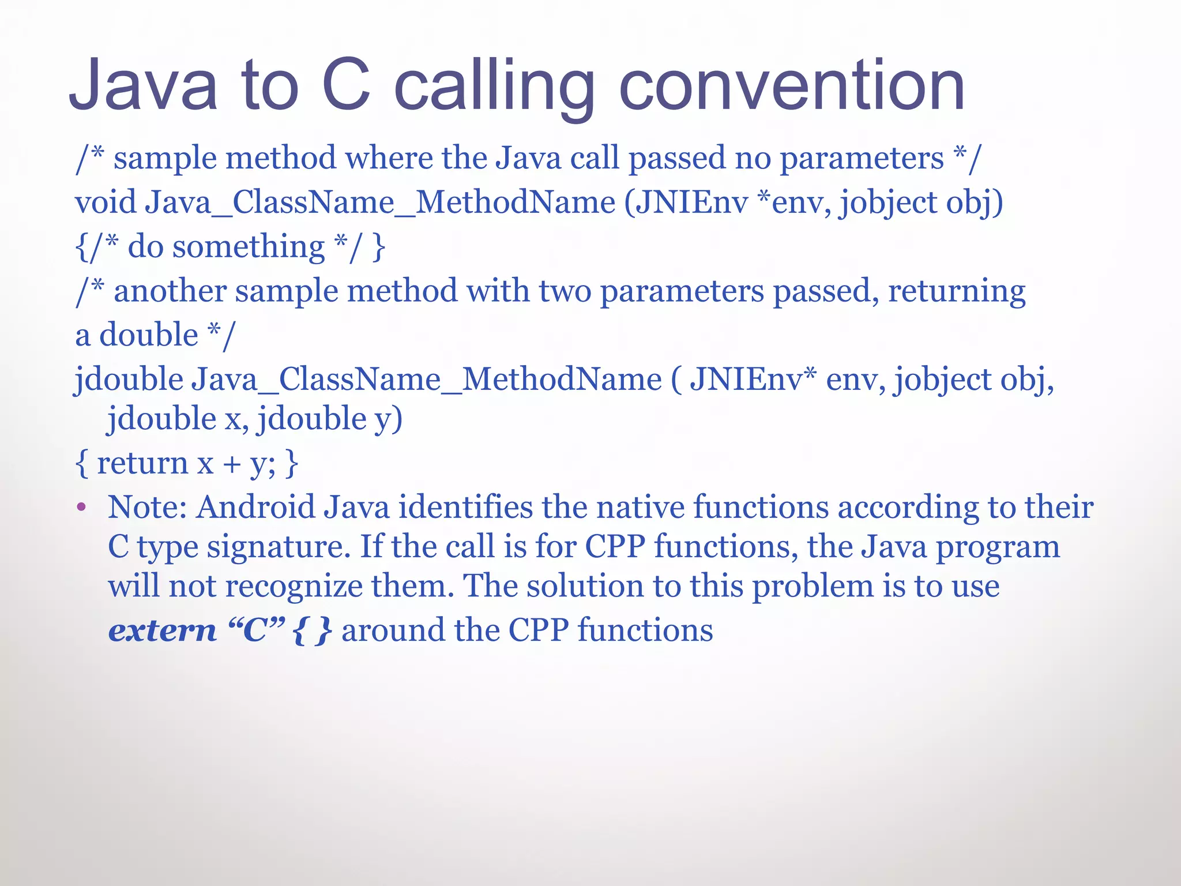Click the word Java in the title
pos(144,87)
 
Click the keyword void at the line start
pos(105,202)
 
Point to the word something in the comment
pos(249,247)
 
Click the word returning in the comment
pos(957,291)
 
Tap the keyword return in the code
pos(142,463)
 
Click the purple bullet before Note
pos(81,508)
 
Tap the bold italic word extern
pos(162,630)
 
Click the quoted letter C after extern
pos(256,630)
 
